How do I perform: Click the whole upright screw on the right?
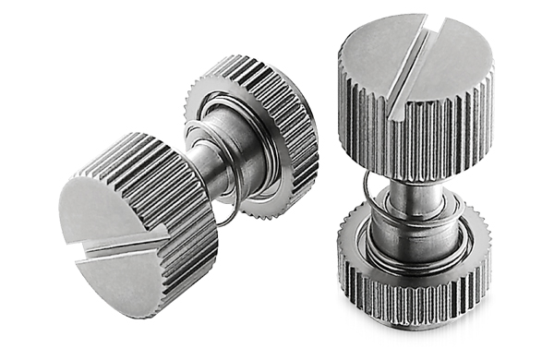(x=415, y=175)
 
